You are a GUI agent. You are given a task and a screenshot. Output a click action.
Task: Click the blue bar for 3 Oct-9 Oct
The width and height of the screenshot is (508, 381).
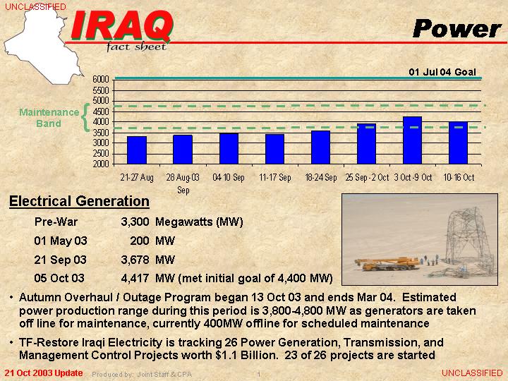coord(413,140)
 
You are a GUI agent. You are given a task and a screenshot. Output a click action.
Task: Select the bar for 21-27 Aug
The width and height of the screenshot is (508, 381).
coord(137,150)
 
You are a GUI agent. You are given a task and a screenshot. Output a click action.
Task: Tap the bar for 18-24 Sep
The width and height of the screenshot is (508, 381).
coord(321,147)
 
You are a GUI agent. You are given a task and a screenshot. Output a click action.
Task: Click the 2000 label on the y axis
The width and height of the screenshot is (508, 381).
coord(100,164)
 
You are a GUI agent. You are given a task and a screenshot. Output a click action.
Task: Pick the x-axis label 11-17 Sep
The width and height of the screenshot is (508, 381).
coord(274,177)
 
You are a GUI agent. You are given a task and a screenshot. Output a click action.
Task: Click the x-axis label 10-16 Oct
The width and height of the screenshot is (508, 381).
coord(459,177)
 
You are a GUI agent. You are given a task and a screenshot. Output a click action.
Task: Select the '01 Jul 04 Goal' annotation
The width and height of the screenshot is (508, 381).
coord(442,72)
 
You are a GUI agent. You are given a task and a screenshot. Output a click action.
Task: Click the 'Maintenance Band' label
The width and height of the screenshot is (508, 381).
coord(49,118)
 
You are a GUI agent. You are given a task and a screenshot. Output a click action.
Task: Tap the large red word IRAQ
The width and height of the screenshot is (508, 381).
coord(121,26)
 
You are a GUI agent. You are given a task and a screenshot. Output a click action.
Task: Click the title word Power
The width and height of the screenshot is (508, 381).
coord(456,28)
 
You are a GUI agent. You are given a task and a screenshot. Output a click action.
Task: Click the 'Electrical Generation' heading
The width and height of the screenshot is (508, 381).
coord(79,201)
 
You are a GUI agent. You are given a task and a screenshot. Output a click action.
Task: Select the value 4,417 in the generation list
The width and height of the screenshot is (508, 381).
coord(135,278)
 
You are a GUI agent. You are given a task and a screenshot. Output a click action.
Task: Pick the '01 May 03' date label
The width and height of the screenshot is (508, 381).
coord(61,241)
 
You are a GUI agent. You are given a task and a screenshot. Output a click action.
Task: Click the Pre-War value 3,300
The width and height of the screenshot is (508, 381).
coord(135,222)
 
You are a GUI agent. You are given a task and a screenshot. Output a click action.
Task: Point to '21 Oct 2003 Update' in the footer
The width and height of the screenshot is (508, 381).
coord(44,373)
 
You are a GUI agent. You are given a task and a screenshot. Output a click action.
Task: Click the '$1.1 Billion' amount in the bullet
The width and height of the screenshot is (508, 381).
coord(247,356)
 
